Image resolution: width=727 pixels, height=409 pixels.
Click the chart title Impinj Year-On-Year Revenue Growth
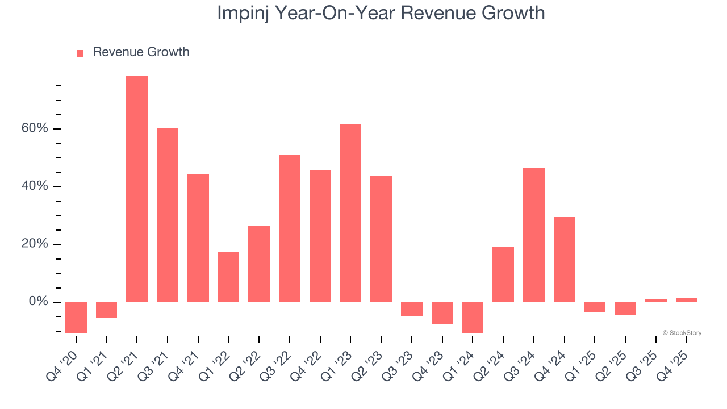(381, 13)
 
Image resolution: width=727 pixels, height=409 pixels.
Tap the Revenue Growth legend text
(141, 52)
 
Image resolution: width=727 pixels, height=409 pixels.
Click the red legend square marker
(80, 53)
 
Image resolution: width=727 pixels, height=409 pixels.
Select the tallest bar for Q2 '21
(137, 189)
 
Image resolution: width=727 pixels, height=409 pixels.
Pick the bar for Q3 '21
(168, 215)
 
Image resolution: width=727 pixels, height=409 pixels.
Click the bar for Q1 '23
(350, 213)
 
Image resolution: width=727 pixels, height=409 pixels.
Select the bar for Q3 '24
(534, 235)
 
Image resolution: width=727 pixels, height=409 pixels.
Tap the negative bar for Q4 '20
(76, 317)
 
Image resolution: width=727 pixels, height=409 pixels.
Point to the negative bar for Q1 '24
(473, 317)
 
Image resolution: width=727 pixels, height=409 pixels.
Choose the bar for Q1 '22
(228, 277)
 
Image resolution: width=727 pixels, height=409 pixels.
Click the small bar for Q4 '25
(686, 300)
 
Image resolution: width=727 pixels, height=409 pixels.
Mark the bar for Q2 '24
(503, 274)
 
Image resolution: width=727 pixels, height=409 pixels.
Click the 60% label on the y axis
(35, 128)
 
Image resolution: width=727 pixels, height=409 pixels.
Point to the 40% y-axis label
(35, 186)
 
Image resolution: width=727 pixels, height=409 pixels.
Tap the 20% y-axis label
(35, 244)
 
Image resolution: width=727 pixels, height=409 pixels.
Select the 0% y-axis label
(39, 302)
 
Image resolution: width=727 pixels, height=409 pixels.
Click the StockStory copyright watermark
(682, 333)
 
